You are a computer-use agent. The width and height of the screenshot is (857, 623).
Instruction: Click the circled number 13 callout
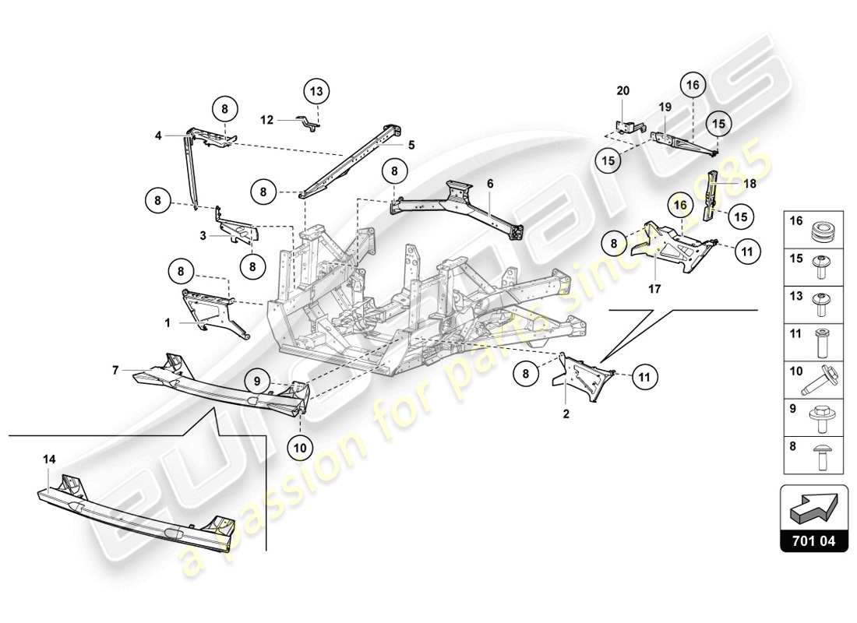tap(316, 92)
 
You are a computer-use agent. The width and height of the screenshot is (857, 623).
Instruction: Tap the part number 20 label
tap(623, 91)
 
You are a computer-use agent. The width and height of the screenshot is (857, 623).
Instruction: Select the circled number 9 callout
tap(256, 381)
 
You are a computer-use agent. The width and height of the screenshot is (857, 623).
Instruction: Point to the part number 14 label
tap(49, 460)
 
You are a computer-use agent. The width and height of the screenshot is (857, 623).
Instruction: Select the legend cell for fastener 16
tap(815, 228)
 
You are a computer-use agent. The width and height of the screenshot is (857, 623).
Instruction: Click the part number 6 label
tap(491, 183)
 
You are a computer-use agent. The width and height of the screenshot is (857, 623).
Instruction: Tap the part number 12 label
tap(267, 120)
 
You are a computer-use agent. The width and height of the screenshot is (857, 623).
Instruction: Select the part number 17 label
tap(654, 289)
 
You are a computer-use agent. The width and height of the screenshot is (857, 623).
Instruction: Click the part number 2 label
tap(566, 414)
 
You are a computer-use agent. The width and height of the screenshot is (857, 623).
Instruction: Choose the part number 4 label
tap(158, 136)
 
